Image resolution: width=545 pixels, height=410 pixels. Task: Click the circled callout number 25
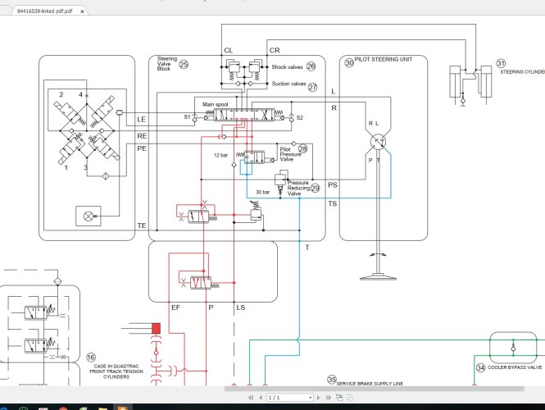184,64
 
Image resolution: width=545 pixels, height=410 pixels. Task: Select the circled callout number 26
311,66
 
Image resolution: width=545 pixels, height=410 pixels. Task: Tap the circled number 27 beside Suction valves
312,87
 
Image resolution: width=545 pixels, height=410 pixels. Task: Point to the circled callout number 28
302,149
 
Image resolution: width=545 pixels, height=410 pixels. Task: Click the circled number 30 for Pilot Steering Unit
349,62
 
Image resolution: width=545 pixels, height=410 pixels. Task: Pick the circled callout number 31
501,62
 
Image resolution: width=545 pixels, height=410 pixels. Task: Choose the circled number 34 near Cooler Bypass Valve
480,367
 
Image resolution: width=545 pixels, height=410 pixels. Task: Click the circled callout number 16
91,358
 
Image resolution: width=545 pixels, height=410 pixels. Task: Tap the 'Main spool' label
215,105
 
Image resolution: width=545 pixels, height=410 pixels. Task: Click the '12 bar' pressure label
220,154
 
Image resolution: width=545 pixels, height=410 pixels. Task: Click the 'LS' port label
239,308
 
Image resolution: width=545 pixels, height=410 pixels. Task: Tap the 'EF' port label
175,308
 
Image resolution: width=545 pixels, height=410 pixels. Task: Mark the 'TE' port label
142,225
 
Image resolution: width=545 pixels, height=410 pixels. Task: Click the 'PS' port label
332,185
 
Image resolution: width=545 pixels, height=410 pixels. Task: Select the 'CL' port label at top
229,51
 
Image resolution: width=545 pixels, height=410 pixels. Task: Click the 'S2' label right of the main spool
299,118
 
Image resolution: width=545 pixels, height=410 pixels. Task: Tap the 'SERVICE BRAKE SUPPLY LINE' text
370,383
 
